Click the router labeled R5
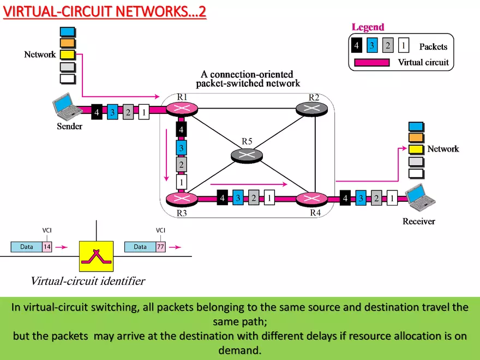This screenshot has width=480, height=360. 247,155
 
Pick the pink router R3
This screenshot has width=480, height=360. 181,199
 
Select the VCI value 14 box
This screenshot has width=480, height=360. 46,247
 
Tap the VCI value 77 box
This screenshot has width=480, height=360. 160,247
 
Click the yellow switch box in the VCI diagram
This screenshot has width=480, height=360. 96,256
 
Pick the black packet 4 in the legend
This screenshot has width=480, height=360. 356,45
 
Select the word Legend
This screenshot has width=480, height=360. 368,27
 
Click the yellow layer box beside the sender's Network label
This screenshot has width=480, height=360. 68,55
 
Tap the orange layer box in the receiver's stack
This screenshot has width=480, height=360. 416,137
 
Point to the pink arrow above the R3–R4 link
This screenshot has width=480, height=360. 248,184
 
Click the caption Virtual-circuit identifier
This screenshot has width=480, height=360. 88,281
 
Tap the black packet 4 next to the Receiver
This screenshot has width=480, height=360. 344,199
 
